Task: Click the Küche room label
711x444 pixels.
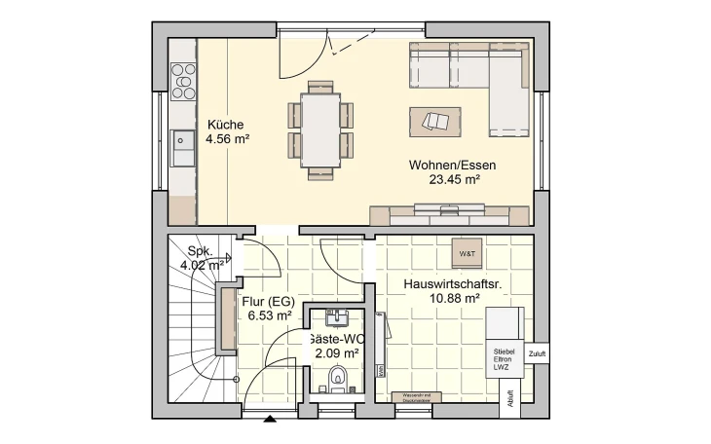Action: point(225,125)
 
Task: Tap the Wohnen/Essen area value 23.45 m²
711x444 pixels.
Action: point(453,179)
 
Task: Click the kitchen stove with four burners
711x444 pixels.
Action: point(183,81)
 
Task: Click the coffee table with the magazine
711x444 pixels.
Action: point(435,122)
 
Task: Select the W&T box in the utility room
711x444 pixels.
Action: point(467,254)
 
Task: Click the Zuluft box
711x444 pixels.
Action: point(537,353)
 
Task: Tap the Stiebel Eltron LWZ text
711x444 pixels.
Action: point(503,358)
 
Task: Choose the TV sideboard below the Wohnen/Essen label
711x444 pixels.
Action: point(448,214)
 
